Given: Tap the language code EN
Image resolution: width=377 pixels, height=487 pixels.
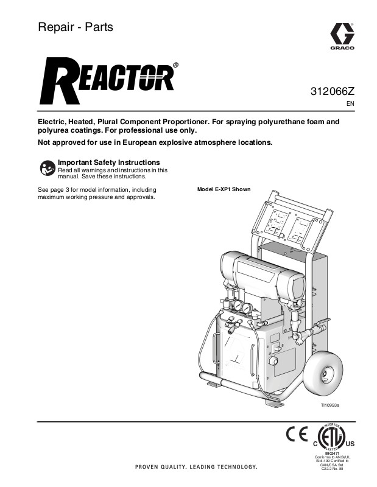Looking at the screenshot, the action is (350, 104).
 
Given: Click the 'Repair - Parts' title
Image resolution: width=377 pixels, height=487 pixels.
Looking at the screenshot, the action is (76, 27).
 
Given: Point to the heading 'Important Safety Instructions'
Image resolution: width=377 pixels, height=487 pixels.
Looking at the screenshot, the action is (108, 163).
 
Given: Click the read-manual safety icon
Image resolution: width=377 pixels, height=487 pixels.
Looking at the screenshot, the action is (47, 168).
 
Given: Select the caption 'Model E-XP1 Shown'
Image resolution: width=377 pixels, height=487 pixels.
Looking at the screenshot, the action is (224, 189).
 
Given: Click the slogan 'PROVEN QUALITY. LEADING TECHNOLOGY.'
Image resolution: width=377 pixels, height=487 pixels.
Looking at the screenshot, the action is (192, 467).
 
